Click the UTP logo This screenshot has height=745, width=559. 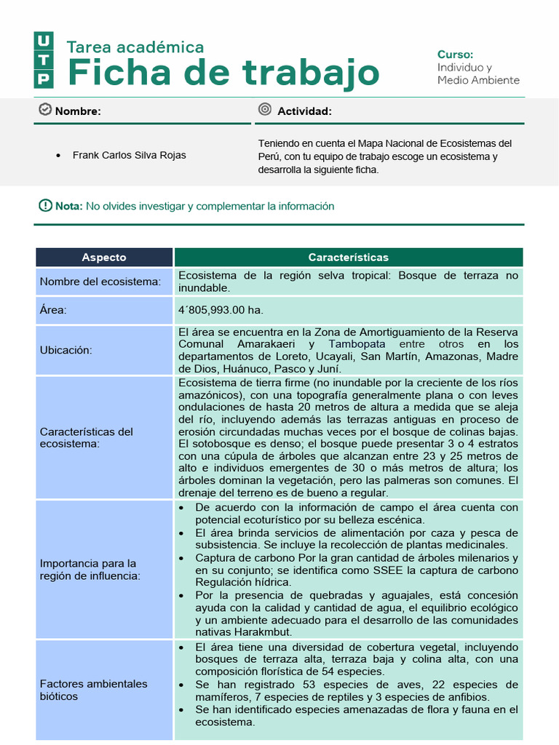(44, 60)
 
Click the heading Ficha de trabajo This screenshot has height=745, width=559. (223, 73)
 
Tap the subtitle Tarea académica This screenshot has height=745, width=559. (135, 47)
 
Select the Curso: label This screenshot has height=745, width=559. (455, 55)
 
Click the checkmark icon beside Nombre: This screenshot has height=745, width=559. (44, 110)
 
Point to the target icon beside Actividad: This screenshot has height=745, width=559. (265, 110)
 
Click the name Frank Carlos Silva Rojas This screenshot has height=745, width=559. (129, 155)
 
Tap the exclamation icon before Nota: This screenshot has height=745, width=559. (45, 206)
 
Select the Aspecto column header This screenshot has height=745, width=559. (104, 258)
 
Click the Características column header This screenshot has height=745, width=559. (348, 258)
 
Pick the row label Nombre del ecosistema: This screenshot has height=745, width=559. (100, 282)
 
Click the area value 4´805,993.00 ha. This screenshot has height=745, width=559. (221, 311)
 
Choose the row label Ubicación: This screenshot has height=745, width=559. (66, 350)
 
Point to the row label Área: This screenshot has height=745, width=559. (53, 311)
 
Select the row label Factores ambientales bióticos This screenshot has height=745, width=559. (93, 690)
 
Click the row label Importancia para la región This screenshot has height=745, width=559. (88, 570)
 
